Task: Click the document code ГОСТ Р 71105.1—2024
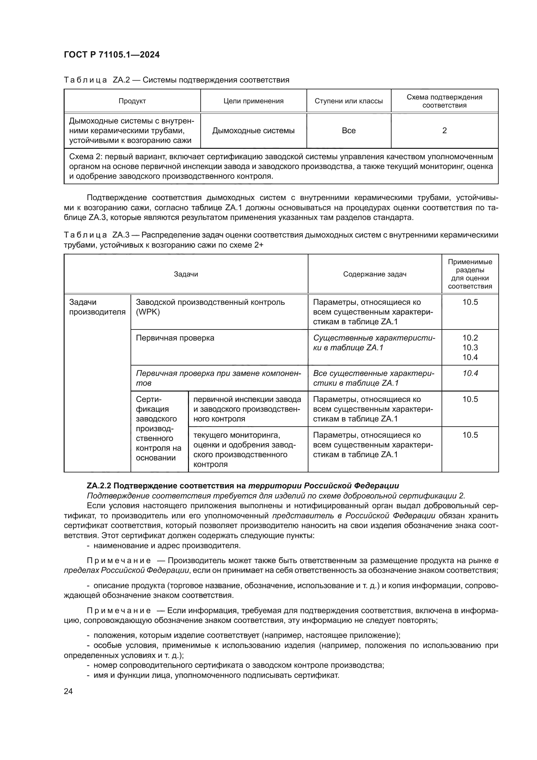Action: [111, 55]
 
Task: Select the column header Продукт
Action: [132, 101]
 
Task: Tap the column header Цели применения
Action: [253, 101]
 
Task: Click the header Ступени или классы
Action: [348, 101]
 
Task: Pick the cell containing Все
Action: [348, 130]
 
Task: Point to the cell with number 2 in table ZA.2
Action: [444, 130]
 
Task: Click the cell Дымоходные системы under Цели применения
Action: [253, 130]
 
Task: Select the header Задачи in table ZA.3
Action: [186, 274]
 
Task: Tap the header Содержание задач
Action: [375, 274]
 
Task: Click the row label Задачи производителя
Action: [97, 307]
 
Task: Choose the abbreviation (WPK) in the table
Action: [148, 312]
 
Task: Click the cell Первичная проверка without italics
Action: [175, 338]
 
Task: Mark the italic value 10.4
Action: [470, 373]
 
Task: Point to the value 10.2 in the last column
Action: [470, 338]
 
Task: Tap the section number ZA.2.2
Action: [99, 485]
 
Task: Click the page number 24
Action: [68, 691]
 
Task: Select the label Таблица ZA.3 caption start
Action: [85, 235]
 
